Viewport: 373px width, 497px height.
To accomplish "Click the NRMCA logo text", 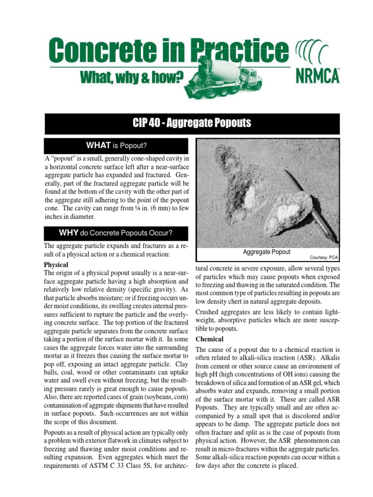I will (x=317, y=77).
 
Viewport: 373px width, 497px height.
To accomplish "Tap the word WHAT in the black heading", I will (x=99, y=145).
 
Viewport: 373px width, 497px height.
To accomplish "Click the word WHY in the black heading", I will (x=68, y=232).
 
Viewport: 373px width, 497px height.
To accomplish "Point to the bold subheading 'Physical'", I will (x=56, y=265).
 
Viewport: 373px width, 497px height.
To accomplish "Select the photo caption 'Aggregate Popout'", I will (x=266, y=252).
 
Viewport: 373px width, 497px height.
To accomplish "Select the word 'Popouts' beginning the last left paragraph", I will (x=56, y=432).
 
